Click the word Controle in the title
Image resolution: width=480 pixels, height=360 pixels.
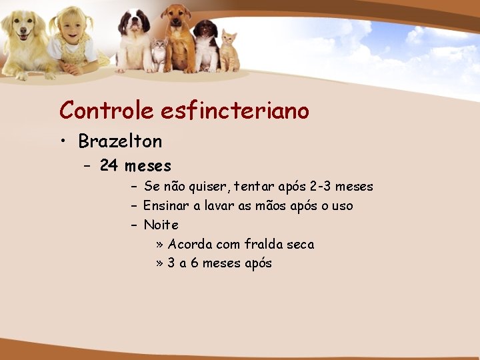pyautogui.click(x=107, y=110)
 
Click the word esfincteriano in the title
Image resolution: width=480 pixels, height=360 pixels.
pyautogui.click(x=235, y=110)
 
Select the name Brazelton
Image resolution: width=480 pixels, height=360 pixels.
pyautogui.click(x=120, y=141)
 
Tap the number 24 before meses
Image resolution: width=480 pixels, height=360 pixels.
pyautogui.click(x=109, y=165)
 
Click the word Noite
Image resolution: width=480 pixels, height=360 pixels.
pyautogui.click(x=161, y=225)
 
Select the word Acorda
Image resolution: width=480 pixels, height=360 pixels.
pyautogui.click(x=190, y=245)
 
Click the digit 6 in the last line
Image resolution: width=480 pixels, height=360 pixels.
pyautogui.click(x=195, y=263)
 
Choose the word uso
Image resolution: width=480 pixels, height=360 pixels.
pyautogui.click(x=342, y=206)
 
